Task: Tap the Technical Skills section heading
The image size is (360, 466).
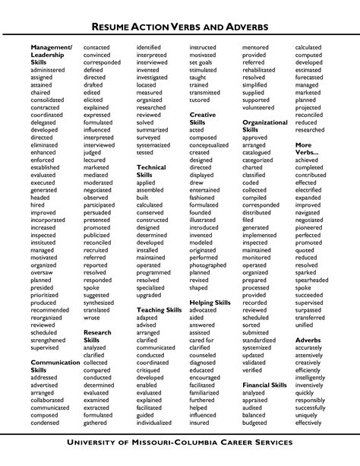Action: [151, 171]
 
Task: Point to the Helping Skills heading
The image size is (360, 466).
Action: [210, 303]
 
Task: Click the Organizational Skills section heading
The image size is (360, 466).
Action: [264, 125]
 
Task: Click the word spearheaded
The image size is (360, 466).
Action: [313, 280]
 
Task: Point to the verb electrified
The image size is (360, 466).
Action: [311, 190]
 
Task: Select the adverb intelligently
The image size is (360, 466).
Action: [311, 376]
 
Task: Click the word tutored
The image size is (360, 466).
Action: [201, 100]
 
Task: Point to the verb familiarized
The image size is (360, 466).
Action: [208, 391]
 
